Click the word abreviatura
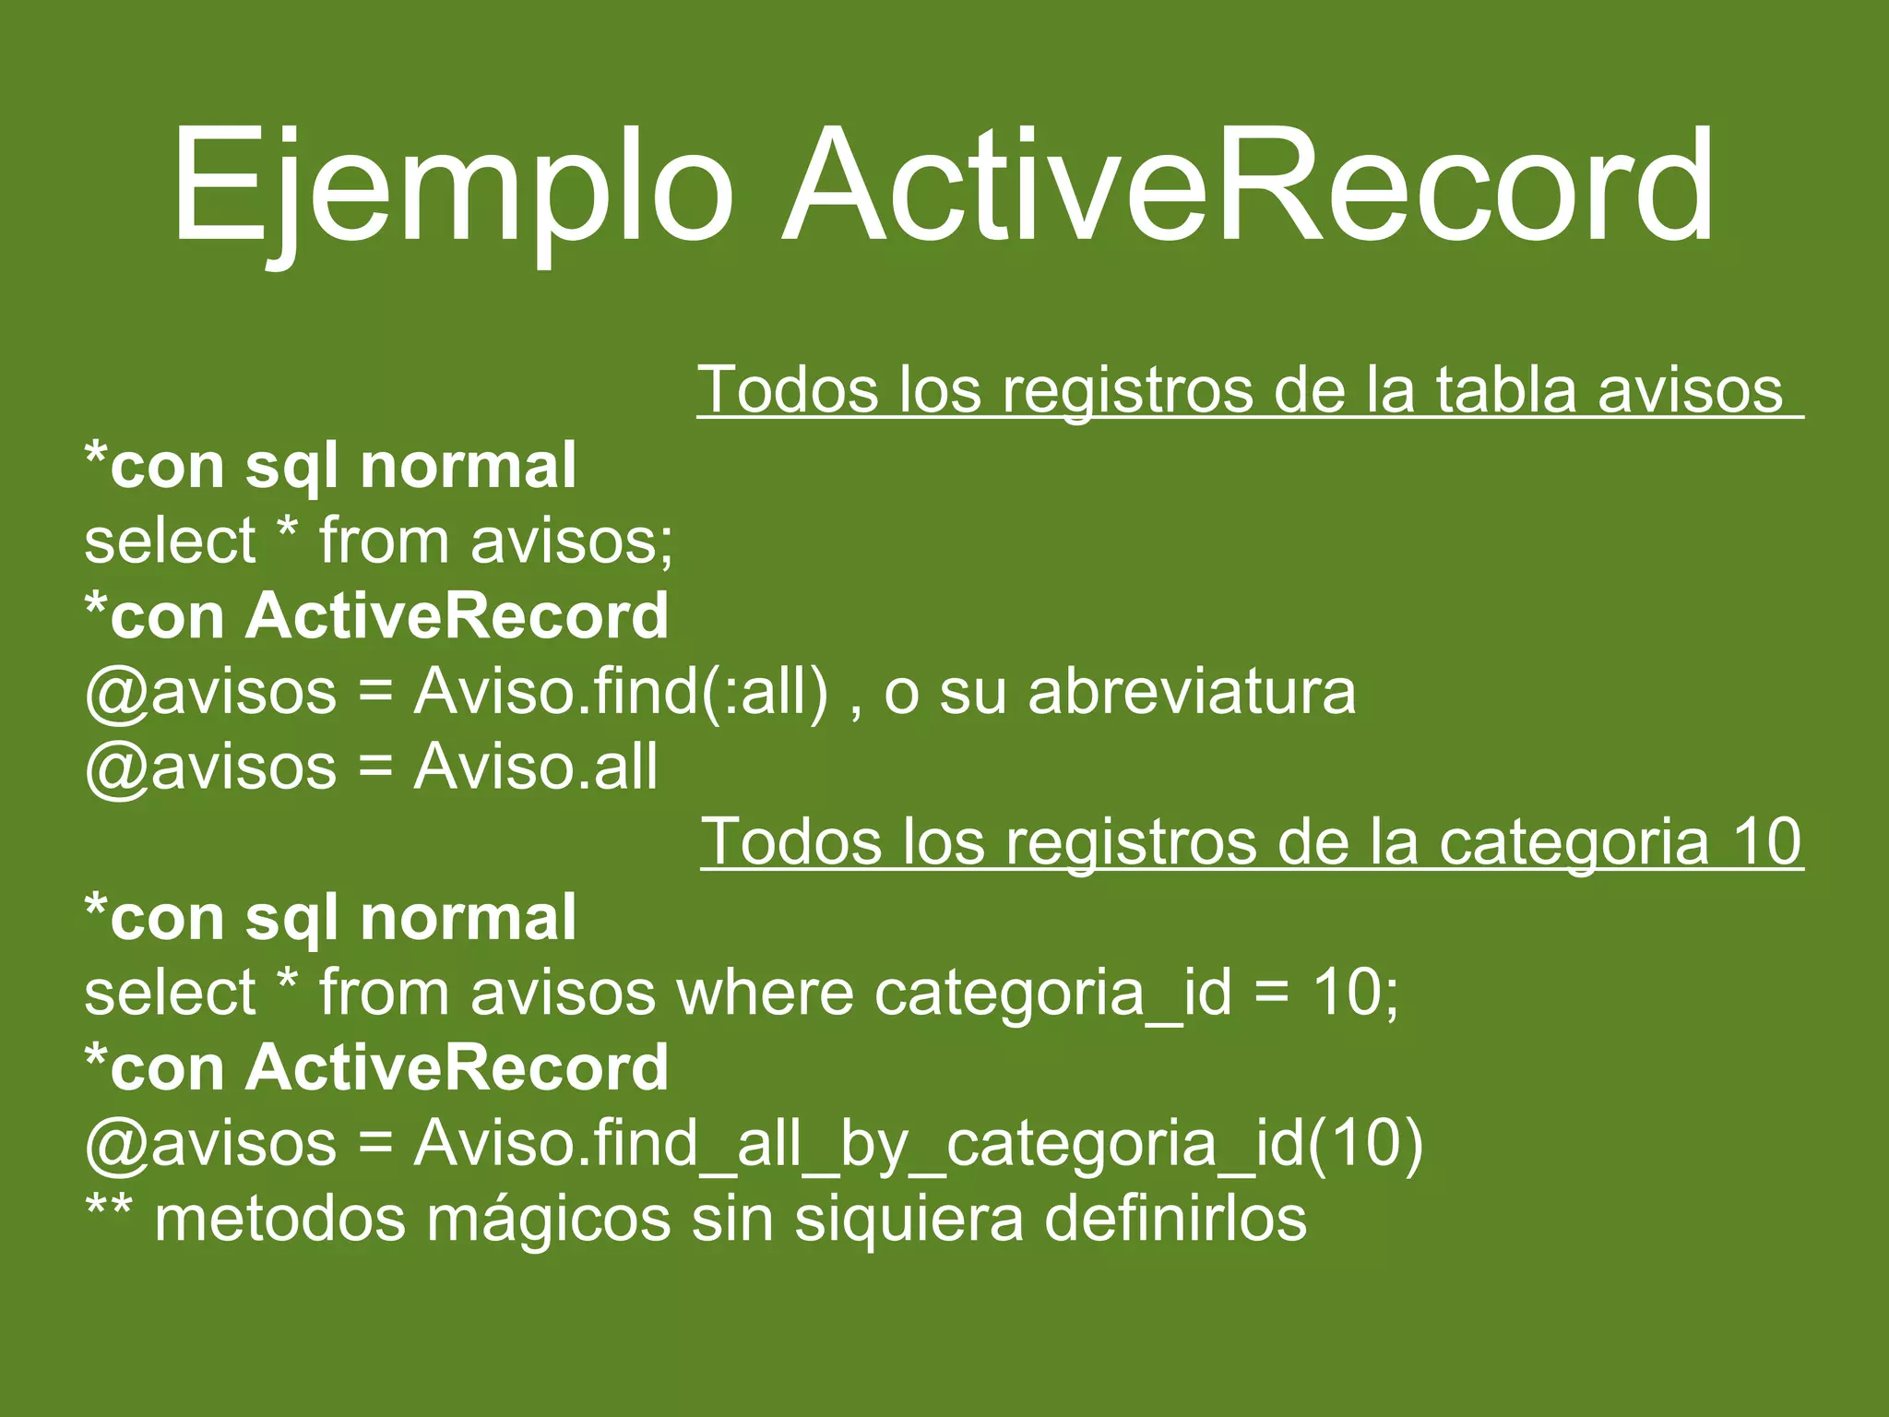pyautogui.click(x=1192, y=691)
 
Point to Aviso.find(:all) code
pyautogui.click(x=621, y=691)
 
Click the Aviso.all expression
pyautogui.click(x=536, y=767)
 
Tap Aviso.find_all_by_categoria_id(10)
pyautogui.click(x=918, y=1144)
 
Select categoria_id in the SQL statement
pyautogui.click(x=1052, y=994)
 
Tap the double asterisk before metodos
pyautogui.click(x=109, y=1209)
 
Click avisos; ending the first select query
pyautogui.click(x=572, y=541)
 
